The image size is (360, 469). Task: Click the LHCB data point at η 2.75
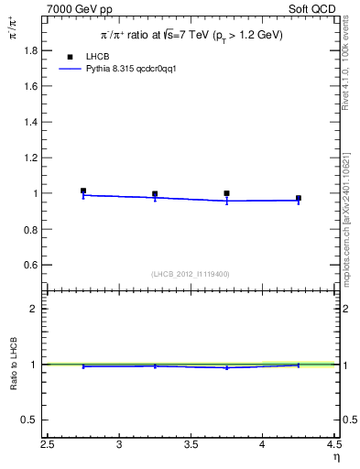pyautogui.click(x=83, y=191)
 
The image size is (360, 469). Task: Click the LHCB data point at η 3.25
pyautogui.click(x=155, y=194)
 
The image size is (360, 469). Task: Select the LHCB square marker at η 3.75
pyautogui.click(x=226, y=193)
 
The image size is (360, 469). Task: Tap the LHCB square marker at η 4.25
pyautogui.click(x=299, y=198)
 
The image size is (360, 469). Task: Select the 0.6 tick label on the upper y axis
pyautogui.click(x=31, y=265)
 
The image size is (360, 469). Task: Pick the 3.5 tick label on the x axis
pyautogui.click(x=191, y=445)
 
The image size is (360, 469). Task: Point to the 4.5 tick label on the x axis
pyautogui.click(x=333, y=445)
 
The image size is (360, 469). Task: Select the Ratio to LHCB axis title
pyautogui.click(x=14, y=365)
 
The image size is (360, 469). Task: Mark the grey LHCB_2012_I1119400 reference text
pyautogui.click(x=191, y=273)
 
